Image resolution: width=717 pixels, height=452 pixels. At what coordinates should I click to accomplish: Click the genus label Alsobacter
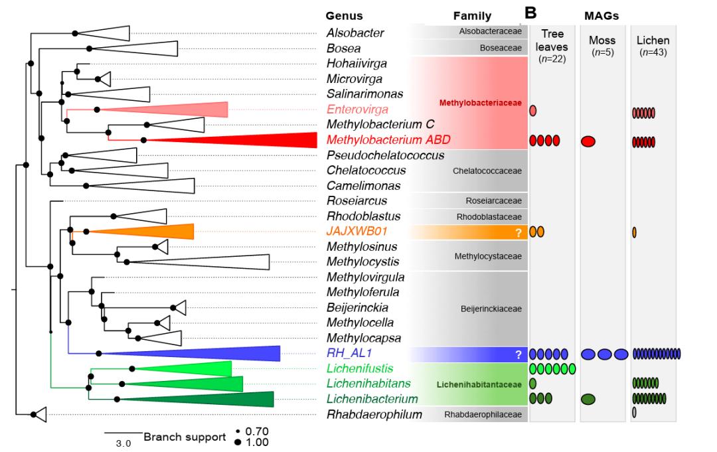pyautogui.click(x=355, y=33)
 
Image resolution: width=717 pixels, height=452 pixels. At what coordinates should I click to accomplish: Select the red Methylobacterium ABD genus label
pyautogui.click(x=388, y=140)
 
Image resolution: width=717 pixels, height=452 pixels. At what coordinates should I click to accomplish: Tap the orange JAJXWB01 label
pyautogui.click(x=357, y=231)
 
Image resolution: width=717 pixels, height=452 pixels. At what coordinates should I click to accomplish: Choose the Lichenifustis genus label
pyautogui.click(x=360, y=368)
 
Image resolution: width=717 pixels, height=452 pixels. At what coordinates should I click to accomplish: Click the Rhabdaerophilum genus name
pyautogui.click(x=374, y=415)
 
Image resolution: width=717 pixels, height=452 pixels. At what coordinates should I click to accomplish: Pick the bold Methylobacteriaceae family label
pyautogui.click(x=480, y=103)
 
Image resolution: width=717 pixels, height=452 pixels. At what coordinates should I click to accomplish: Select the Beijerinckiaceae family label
pyautogui.click(x=491, y=309)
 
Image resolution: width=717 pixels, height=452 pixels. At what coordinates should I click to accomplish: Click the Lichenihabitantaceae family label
pyautogui.click(x=479, y=385)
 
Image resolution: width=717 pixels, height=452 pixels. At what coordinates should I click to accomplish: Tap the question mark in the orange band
pyautogui.click(x=518, y=233)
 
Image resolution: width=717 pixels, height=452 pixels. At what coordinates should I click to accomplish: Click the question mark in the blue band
pyautogui.click(x=518, y=354)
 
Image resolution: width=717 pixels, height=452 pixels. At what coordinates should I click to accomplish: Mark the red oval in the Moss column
pyautogui.click(x=588, y=141)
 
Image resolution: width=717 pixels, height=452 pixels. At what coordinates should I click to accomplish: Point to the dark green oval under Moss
pyautogui.click(x=588, y=400)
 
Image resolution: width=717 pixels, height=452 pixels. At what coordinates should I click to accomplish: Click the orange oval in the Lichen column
pyautogui.click(x=634, y=232)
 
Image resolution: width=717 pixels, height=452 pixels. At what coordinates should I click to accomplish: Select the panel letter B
pyautogui.click(x=530, y=13)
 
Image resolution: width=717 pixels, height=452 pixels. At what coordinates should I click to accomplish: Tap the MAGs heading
pyautogui.click(x=601, y=16)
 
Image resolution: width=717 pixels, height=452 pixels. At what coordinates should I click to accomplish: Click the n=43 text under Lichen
pyautogui.click(x=653, y=52)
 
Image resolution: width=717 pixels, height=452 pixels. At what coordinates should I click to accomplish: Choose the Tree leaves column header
pyautogui.click(x=552, y=40)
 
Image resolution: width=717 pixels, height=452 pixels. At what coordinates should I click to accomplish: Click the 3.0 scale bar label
pyautogui.click(x=123, y=443)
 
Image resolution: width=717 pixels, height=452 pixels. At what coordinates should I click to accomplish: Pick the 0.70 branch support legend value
pyautogui.click(x=257, y=431)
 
